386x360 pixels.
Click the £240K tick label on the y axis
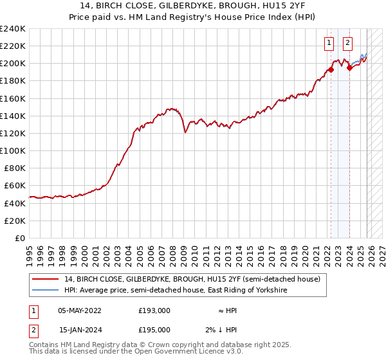[13, 29]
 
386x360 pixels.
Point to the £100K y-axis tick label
[13, 150]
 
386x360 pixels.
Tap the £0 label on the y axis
[21, 238]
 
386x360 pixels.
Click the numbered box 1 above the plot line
[329, 43]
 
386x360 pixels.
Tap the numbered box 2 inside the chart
[347, 43]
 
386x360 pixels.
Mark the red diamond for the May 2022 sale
[331, 69]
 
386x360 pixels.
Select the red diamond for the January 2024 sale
[349, 67]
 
